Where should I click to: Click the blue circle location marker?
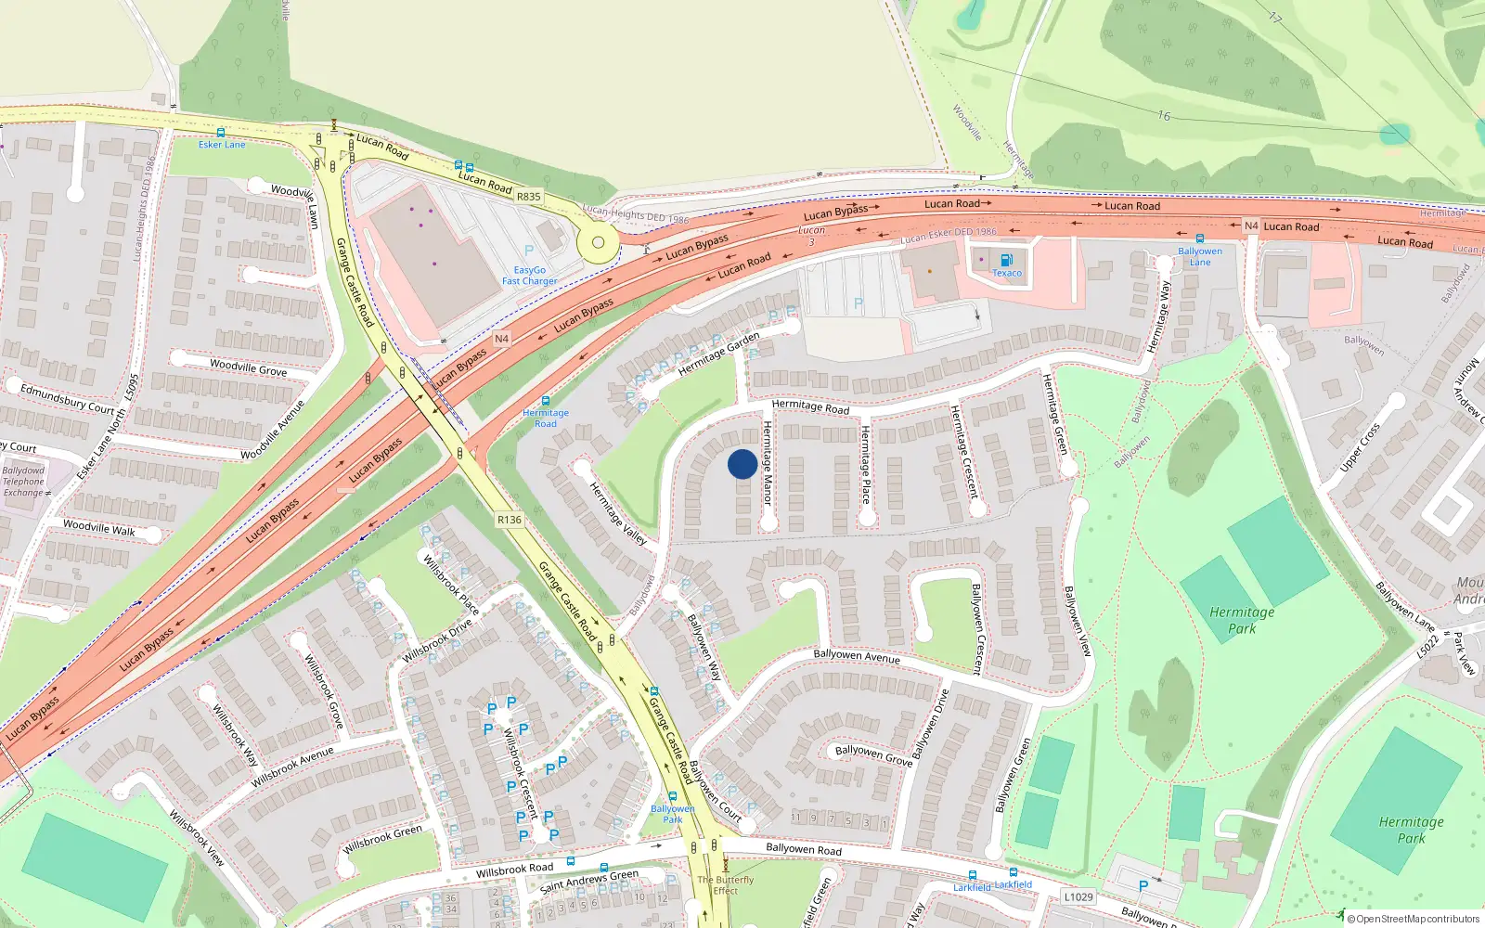click(742, 464)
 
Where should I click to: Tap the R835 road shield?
click(528, 197)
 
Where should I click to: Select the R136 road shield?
click(510, 520)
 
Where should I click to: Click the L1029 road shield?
click(1078, 896)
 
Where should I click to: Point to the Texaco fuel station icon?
click(1007, 260)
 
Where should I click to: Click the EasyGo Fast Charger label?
click(530, 276)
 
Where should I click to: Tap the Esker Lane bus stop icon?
click(221, 133)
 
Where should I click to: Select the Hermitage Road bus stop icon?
click(545, 401)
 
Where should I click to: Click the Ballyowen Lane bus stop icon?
click(1200, 238)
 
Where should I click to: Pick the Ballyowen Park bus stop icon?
click(673, 797)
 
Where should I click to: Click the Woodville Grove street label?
click(248, 367)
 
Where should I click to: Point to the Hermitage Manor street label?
click(768, 462)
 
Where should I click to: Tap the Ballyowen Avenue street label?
click(857, 656)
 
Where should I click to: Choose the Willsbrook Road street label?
click(514, 870)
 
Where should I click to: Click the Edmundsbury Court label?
click(67, 400)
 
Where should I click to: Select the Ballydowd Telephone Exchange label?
click(23, 482)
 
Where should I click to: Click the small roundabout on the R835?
click(598, 243)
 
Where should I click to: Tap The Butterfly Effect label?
click(726, 885)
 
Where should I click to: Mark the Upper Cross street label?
click(1360, 447)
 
